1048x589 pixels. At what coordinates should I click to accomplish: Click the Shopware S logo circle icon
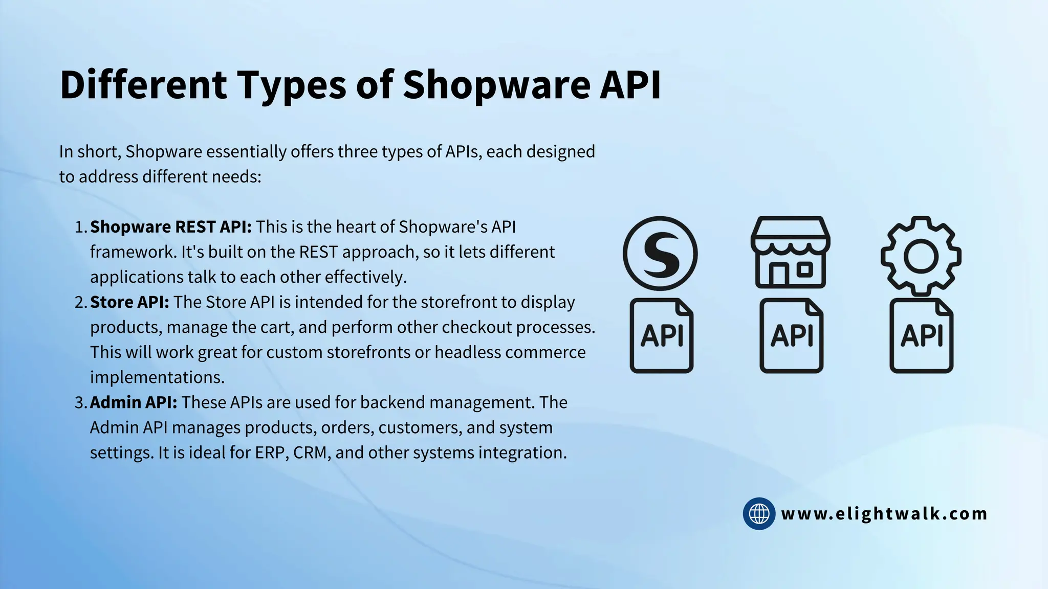[x=660, y=254]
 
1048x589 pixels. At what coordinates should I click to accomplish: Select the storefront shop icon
[x=791, y=253]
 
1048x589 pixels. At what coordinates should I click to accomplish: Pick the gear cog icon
[x=921, y=256]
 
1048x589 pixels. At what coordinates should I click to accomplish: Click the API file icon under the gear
[x=921, y=336]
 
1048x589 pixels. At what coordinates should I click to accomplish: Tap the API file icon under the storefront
[x=791, y=336]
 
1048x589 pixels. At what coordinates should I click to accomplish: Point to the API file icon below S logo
[x=661, y=336]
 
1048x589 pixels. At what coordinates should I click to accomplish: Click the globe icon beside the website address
[x=759, y=513]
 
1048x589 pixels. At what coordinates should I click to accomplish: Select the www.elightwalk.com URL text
[x=884, y=514]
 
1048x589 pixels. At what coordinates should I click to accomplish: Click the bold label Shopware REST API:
[x=171, y=226]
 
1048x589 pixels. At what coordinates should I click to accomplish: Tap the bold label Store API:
[x=129, y=302]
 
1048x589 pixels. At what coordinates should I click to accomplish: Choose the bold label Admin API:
[x=134, y=402]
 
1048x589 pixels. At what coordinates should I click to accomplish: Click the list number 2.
[x=81, y=302]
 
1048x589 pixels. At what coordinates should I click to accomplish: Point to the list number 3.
[x=81, y=403]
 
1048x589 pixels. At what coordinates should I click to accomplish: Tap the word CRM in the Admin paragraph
[x=310, y=452]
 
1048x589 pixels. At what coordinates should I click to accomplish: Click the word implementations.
[x=157, y=377]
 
